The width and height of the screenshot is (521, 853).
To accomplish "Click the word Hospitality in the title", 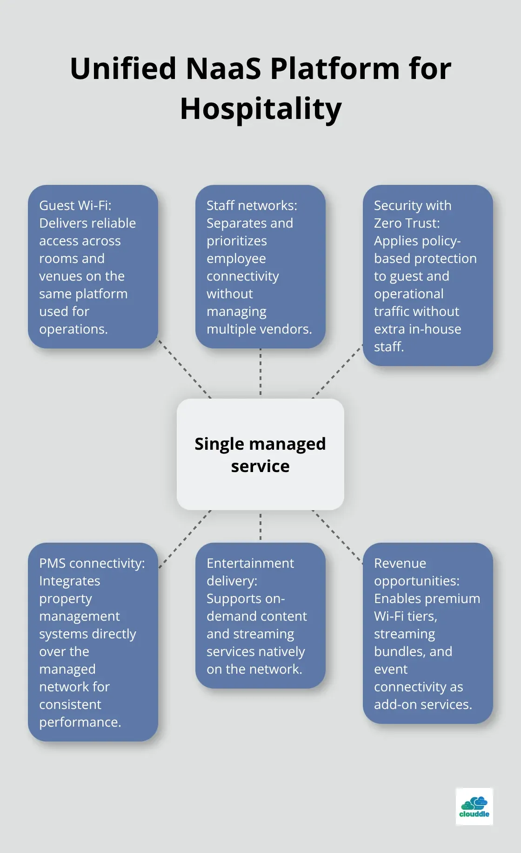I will pyautogui.click(x=260, y=109).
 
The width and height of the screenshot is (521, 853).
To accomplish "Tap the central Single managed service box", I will pyautogui.click(x=260, y=454).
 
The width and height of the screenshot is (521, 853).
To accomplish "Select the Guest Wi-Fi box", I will pyautogui.click(x=93, y=267).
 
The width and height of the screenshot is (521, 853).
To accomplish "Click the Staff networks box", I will pyautogui.click(x=260, y=267).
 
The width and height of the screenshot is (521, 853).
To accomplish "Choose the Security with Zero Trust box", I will pyautogui.click(x=427, y=275).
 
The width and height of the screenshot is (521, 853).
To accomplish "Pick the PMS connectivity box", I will pyautogui.click(x=93, y=642).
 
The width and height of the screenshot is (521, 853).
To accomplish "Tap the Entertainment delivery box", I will pyautogui.click(x=260, y=615).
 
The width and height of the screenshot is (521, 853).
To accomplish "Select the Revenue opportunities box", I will pyautogui.click(x=427, y=633).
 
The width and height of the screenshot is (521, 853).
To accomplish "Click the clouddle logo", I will pyautogui.click(x=474, y=806).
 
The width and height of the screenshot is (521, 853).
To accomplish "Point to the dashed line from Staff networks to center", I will pyautogui.click(x=260, y=372).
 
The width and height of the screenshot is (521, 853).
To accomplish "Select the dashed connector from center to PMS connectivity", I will pyautogui.click(x=185, y=539).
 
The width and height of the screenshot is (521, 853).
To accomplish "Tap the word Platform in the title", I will pyautogui.click(x=335, y=69).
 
